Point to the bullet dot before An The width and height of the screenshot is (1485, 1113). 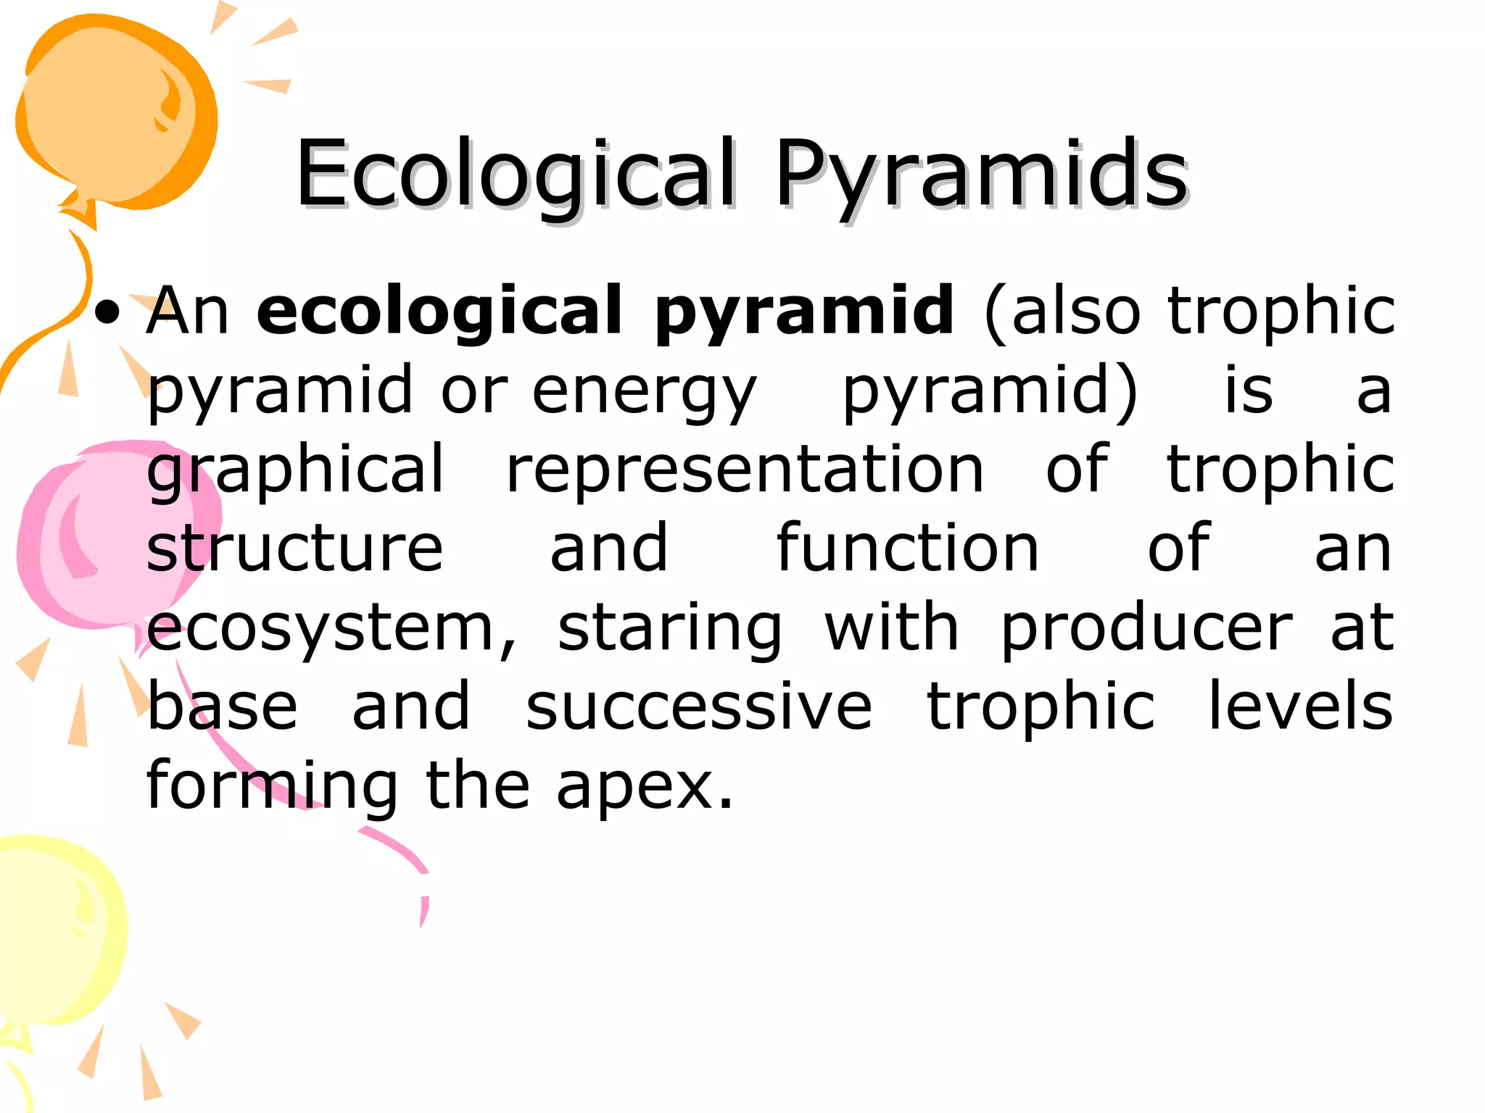(108, 313)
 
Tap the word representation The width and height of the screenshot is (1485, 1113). (744, 471)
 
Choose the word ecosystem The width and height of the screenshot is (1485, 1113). (331, 629)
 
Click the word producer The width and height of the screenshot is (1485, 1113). (1146, 629)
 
